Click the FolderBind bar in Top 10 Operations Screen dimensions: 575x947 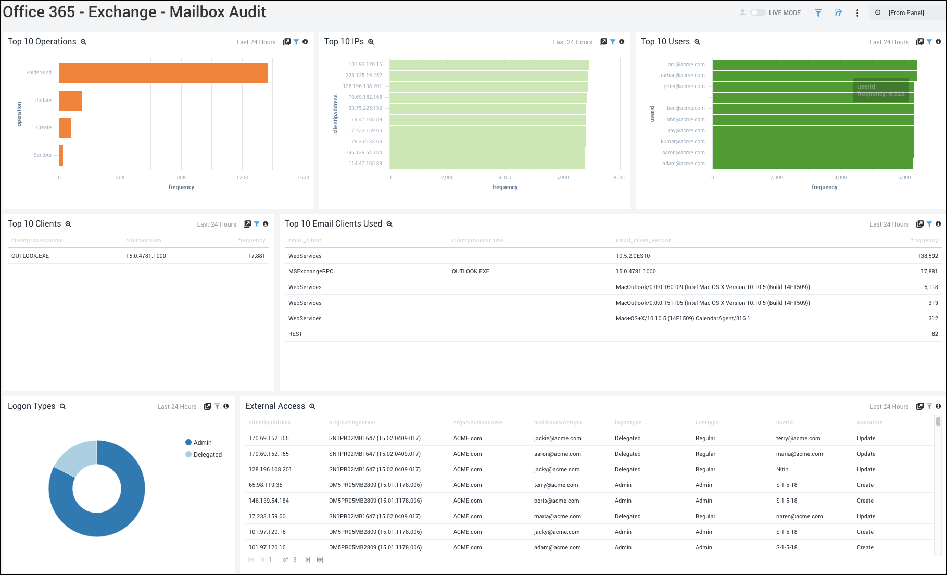point(163,73)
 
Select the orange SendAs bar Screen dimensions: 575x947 point(61,155)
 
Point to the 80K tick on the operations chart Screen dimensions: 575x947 point(181,178)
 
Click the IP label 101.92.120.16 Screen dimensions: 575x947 point(365,65)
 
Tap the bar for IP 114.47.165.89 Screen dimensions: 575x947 point(487,164)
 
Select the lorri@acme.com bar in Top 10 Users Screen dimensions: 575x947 point(814,65)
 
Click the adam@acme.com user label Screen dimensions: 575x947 point(683,164)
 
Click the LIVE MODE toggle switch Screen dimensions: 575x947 point(757,12)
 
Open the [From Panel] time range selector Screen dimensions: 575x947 point(906,12)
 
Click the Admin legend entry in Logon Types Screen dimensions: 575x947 point(202,443)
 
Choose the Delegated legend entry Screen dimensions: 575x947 point(207,455)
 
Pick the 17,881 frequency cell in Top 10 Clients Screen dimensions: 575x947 point(257,256)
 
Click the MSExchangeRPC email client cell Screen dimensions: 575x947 point(311,271)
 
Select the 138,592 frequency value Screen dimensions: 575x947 point(927,256)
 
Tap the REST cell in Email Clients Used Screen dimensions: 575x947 point(295,334)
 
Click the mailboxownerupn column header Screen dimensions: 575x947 point(558,423)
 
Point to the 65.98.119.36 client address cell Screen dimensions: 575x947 point(266,485)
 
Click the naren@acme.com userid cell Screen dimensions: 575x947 point(799,516)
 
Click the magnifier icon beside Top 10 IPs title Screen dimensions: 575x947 point(371,42)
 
